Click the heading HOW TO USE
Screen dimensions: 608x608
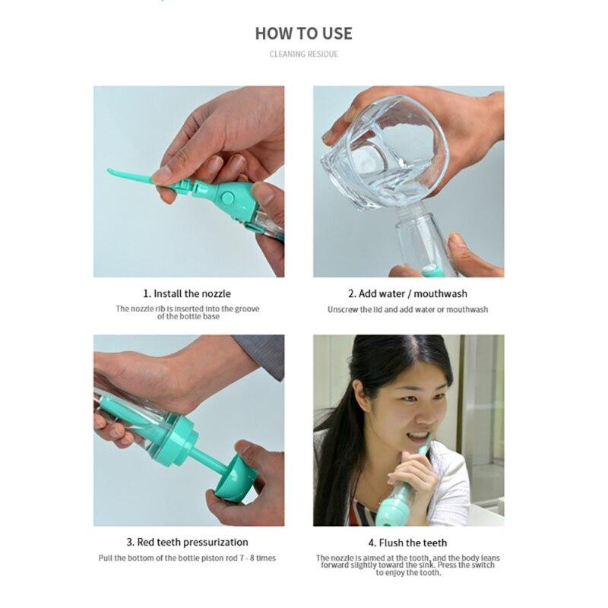click(303, 33)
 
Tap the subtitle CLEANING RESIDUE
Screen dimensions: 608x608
click(303, 54)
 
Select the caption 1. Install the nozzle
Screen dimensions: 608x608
click(186, 293)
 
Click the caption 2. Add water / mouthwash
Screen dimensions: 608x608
click(407, 293)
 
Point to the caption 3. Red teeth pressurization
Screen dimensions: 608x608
click(186, 542)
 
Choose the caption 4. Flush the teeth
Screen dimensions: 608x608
click(407, 543)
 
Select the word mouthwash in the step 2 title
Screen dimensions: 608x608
click(442, 293)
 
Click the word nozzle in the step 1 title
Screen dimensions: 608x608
click(217, 293)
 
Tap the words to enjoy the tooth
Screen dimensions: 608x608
click(408, 572)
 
